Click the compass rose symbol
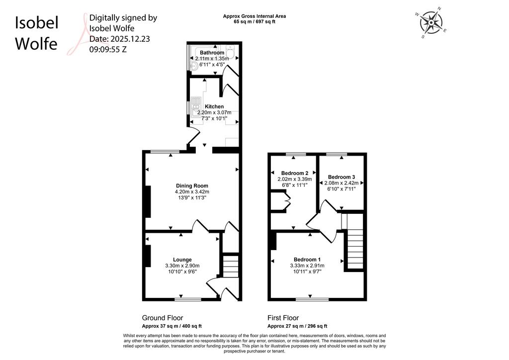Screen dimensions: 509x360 [x=431, y=22]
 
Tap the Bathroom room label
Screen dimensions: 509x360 [x=212, y=53]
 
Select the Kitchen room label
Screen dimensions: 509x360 [x=214, y=106]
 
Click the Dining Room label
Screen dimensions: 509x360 [x=192, y=185]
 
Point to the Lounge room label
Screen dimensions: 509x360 [x=182, y=260]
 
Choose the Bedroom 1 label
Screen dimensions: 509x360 [x=307, y=260]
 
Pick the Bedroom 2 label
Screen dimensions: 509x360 [x=295, y=173]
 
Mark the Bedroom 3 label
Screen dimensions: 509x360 [x=341, y=177]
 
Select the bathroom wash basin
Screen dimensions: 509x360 [x=194, y=66]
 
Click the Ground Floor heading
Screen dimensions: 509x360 [x=163, y=318]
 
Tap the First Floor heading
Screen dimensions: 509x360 [x=283, y=318]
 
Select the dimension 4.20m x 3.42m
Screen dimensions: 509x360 [x=192, y=192]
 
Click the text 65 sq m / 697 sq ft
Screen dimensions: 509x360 [x=254, y=22]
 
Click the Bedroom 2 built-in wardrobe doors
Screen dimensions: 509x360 [x=287, y=201]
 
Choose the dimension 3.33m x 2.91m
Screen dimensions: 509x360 [x=307, y=266]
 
